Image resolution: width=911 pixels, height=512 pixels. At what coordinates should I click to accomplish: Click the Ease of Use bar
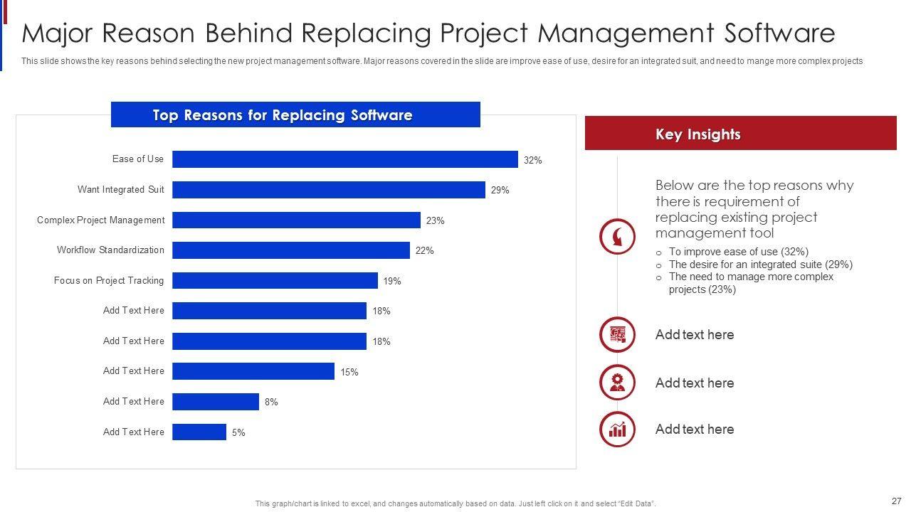pos(344,159)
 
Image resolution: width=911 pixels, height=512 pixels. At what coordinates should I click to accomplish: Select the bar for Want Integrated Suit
pos(328,190)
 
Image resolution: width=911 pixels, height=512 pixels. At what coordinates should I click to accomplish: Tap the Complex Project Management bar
pos(296,220)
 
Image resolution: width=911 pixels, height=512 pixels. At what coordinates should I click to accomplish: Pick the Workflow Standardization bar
pos(290,250)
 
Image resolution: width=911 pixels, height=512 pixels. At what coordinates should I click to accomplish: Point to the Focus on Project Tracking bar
pos(275,281)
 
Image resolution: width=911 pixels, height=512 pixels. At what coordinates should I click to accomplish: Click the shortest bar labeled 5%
pos(199,432)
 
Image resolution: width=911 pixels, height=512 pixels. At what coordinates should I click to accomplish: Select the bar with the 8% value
pos(215,402)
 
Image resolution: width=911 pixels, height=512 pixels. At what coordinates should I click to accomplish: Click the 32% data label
pos(532,161)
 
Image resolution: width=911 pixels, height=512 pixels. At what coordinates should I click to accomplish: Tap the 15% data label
pos(349,372)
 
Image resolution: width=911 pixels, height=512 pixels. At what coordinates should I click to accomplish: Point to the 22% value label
pos(424,250)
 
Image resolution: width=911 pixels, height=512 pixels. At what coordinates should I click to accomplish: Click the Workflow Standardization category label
pos(110,250)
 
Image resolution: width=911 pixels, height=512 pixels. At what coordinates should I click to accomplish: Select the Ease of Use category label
pos(137,159)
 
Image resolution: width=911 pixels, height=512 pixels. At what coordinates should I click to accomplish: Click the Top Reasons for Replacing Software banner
pos(295,115)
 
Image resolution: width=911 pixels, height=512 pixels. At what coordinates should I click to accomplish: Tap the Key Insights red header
pos(740,134)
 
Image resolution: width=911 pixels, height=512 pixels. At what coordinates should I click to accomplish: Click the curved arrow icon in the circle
pos(617,237)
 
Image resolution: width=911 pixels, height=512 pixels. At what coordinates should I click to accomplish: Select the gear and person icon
pos(617,383)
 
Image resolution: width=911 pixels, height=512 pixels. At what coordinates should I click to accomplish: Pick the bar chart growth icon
pos(617,429)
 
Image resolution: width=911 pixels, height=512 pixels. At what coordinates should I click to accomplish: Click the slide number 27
pos(895,501)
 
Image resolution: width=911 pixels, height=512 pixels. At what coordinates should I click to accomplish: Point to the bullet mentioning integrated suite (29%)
pos(760,265)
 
